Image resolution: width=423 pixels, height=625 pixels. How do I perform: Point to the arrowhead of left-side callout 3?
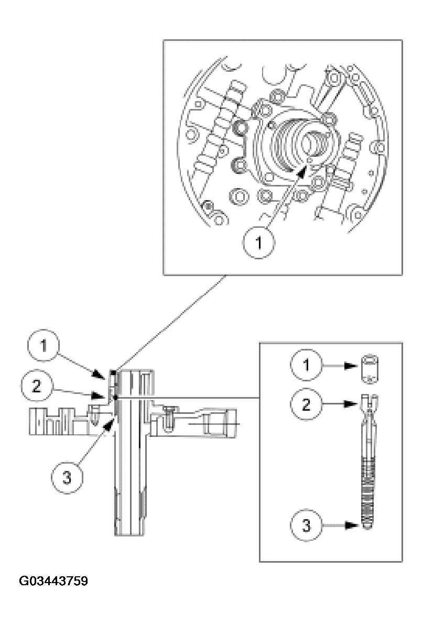pyautogui.click(x=111, y=421)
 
